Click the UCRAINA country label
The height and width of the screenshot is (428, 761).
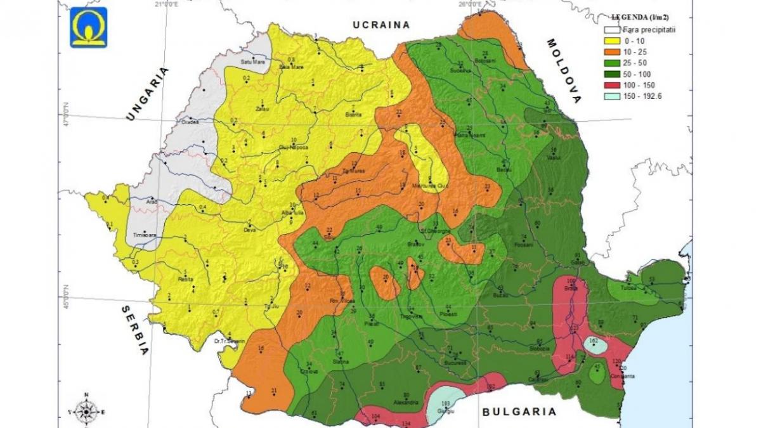[x=382, y=25]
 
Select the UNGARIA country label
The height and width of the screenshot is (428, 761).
[x=148, y=93]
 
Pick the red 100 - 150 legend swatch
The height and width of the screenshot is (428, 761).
[x=611, y=84]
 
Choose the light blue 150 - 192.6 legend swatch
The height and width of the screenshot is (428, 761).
[x=611, y=96]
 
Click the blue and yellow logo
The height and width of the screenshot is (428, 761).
[x=89, y=27]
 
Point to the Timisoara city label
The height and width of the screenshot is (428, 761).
[x=144, y=235]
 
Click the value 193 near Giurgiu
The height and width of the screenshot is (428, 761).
[x=445, y=403]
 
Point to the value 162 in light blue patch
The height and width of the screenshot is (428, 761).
[x=594, y=341]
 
